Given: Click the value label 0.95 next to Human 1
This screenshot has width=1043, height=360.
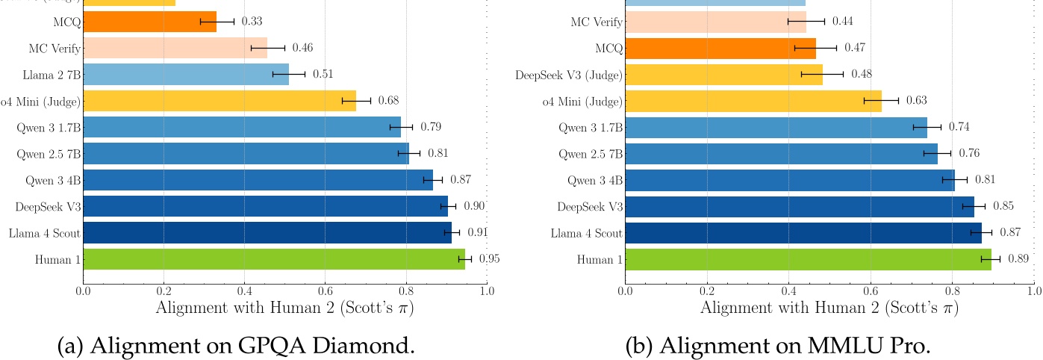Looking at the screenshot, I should click(x=489, y=259).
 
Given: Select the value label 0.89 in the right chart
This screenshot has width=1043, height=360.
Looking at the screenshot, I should click(x=1018, y=259).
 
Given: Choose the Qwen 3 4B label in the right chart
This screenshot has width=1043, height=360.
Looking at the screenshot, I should click(x=594, y=180).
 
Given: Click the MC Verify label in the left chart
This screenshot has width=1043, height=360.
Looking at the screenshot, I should click(x=55, y=48).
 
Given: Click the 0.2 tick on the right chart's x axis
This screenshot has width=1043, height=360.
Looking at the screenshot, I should click(x=706, y=291).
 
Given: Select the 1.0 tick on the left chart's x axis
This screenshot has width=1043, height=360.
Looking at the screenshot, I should click(x=486, y=291).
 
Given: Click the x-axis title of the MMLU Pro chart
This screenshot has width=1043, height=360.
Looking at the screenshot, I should click(x=829, y=308).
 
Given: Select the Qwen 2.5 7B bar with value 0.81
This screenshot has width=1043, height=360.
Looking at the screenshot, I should click(x=246, y=153).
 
